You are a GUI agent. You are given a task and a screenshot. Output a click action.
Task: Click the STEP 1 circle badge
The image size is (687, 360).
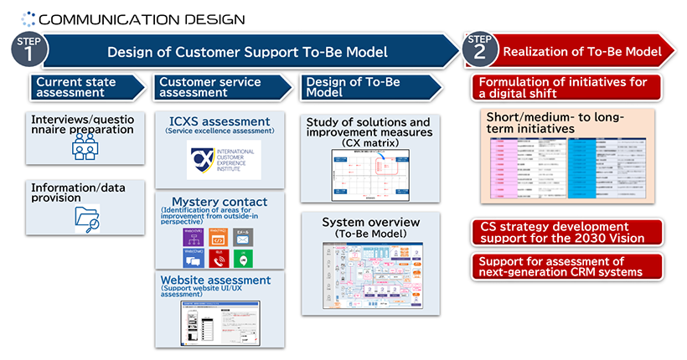click(x=28, y=49)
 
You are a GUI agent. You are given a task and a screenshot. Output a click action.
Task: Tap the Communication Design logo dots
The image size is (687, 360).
click(x=28, y=17)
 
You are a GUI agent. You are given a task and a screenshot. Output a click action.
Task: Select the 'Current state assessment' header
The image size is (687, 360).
click(x=87, y=87)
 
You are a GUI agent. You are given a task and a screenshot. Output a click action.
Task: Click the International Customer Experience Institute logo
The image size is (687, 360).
click(x=223, y=160)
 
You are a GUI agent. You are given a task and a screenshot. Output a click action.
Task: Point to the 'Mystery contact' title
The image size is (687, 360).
click(x=220, y=202)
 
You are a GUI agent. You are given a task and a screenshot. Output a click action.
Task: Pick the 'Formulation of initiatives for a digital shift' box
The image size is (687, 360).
click(x=567, y=87)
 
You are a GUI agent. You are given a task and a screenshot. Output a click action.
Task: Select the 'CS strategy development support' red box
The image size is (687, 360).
click(x=567, y=233)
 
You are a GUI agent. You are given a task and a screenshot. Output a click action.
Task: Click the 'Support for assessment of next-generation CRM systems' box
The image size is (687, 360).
click(x=567, y=265)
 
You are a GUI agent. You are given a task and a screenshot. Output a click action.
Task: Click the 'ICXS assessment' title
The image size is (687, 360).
click(x=218, y=121)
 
